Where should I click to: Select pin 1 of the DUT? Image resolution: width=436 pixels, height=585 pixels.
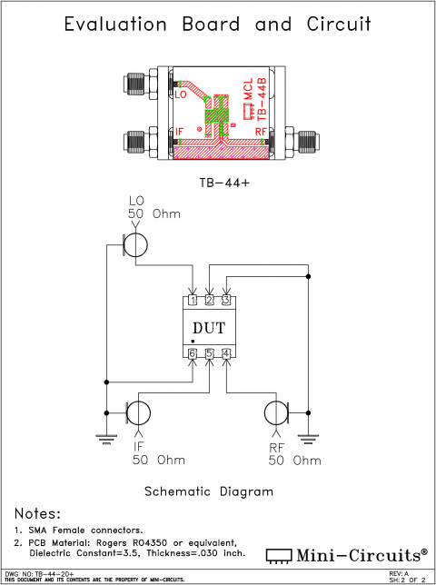tap(193, 300)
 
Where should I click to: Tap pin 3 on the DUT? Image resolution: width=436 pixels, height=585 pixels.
tap(226, 300)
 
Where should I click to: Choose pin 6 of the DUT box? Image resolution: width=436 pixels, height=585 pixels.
tap(193, 353)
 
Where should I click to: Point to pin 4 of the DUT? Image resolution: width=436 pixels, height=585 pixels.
tap(226, 353)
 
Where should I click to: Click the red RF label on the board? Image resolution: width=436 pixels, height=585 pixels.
tap(261, 132)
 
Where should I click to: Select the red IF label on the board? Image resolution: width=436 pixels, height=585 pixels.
tap(179, 133)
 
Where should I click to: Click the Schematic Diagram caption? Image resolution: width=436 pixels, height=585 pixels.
tap(209, 491)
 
